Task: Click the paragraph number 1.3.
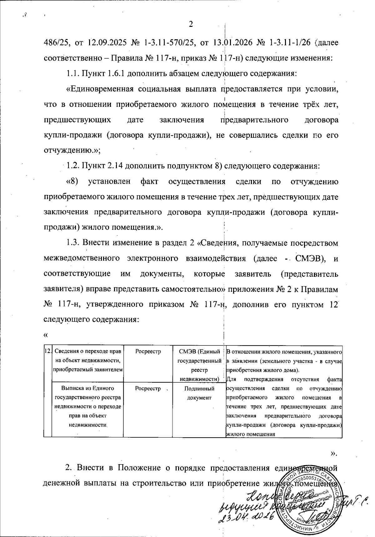coord(73,243)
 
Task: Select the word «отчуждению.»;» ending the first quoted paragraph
coord(72,150)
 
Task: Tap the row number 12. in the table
coord(48,351)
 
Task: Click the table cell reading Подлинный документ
coord(199,393)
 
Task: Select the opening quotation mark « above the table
coord(46,335)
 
